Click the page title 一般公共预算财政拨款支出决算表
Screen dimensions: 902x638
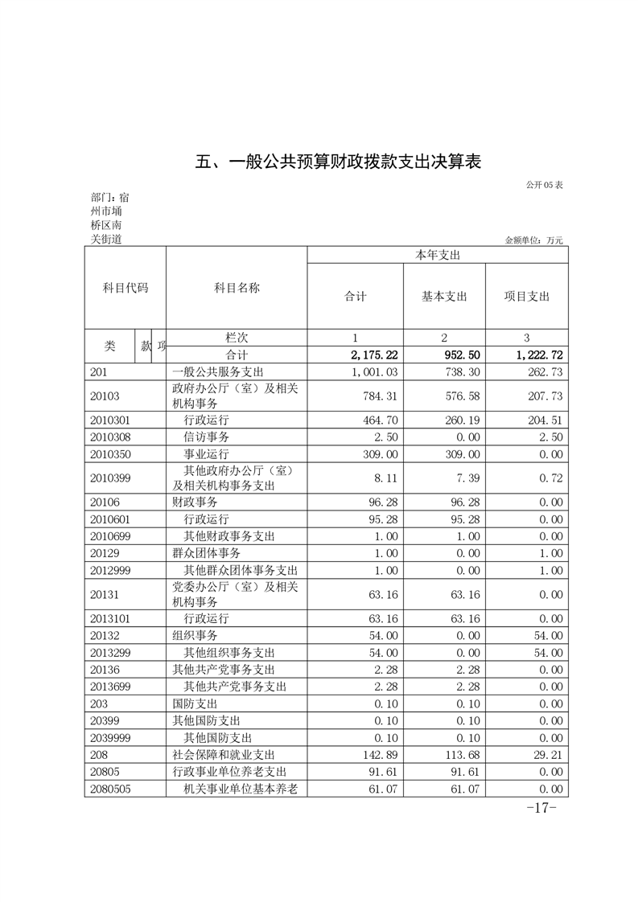(x=339, y=162)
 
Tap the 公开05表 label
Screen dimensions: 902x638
(x=544, y=186)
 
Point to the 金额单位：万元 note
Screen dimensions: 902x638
(x=533, y=240)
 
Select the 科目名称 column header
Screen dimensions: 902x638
(x=237, y=288)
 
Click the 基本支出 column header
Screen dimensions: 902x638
(x=444, y=296)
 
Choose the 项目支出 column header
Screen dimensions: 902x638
(x=526, y=296)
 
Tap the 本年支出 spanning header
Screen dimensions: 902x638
(x=437, y=255)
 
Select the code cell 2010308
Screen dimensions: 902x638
(x=110, y=437)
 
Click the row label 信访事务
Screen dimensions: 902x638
(x=206, y=437)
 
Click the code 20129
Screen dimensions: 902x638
(x=105, y=553)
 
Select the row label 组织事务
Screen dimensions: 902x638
(x=195, y=635)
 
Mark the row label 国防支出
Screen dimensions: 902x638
(x=195, y=703)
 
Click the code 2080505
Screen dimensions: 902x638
(x=110, y=789)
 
